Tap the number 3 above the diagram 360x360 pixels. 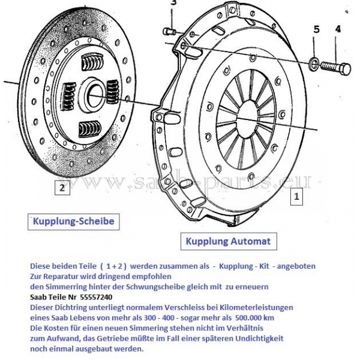point(173,4)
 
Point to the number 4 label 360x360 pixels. point(338,29)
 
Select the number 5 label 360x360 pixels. point(316,29)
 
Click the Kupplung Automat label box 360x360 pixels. point(228,242)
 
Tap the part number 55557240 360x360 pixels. point(91,297)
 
